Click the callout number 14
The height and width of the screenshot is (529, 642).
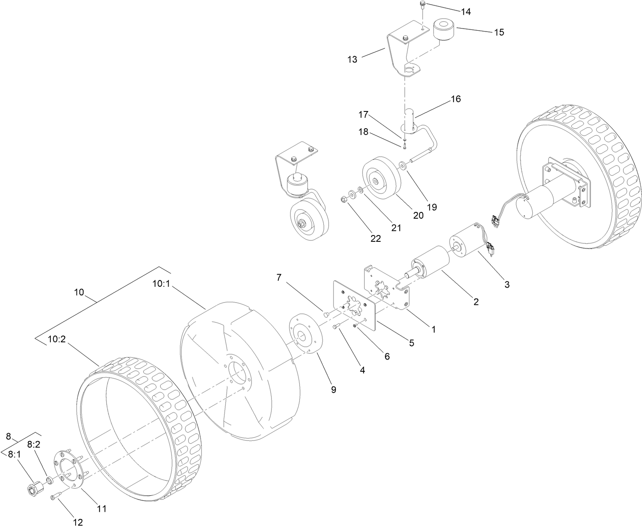point(465,12)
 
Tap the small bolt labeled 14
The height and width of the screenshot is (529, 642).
point(422,5)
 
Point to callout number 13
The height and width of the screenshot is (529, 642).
point(352,59)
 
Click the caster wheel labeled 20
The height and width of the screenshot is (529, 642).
point(380,176)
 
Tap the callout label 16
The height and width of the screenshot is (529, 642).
point(456,99)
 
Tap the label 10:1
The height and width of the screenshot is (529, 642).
point(161,284)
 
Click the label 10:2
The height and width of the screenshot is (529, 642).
point(56,339)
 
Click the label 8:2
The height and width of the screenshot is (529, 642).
point(34,444)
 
